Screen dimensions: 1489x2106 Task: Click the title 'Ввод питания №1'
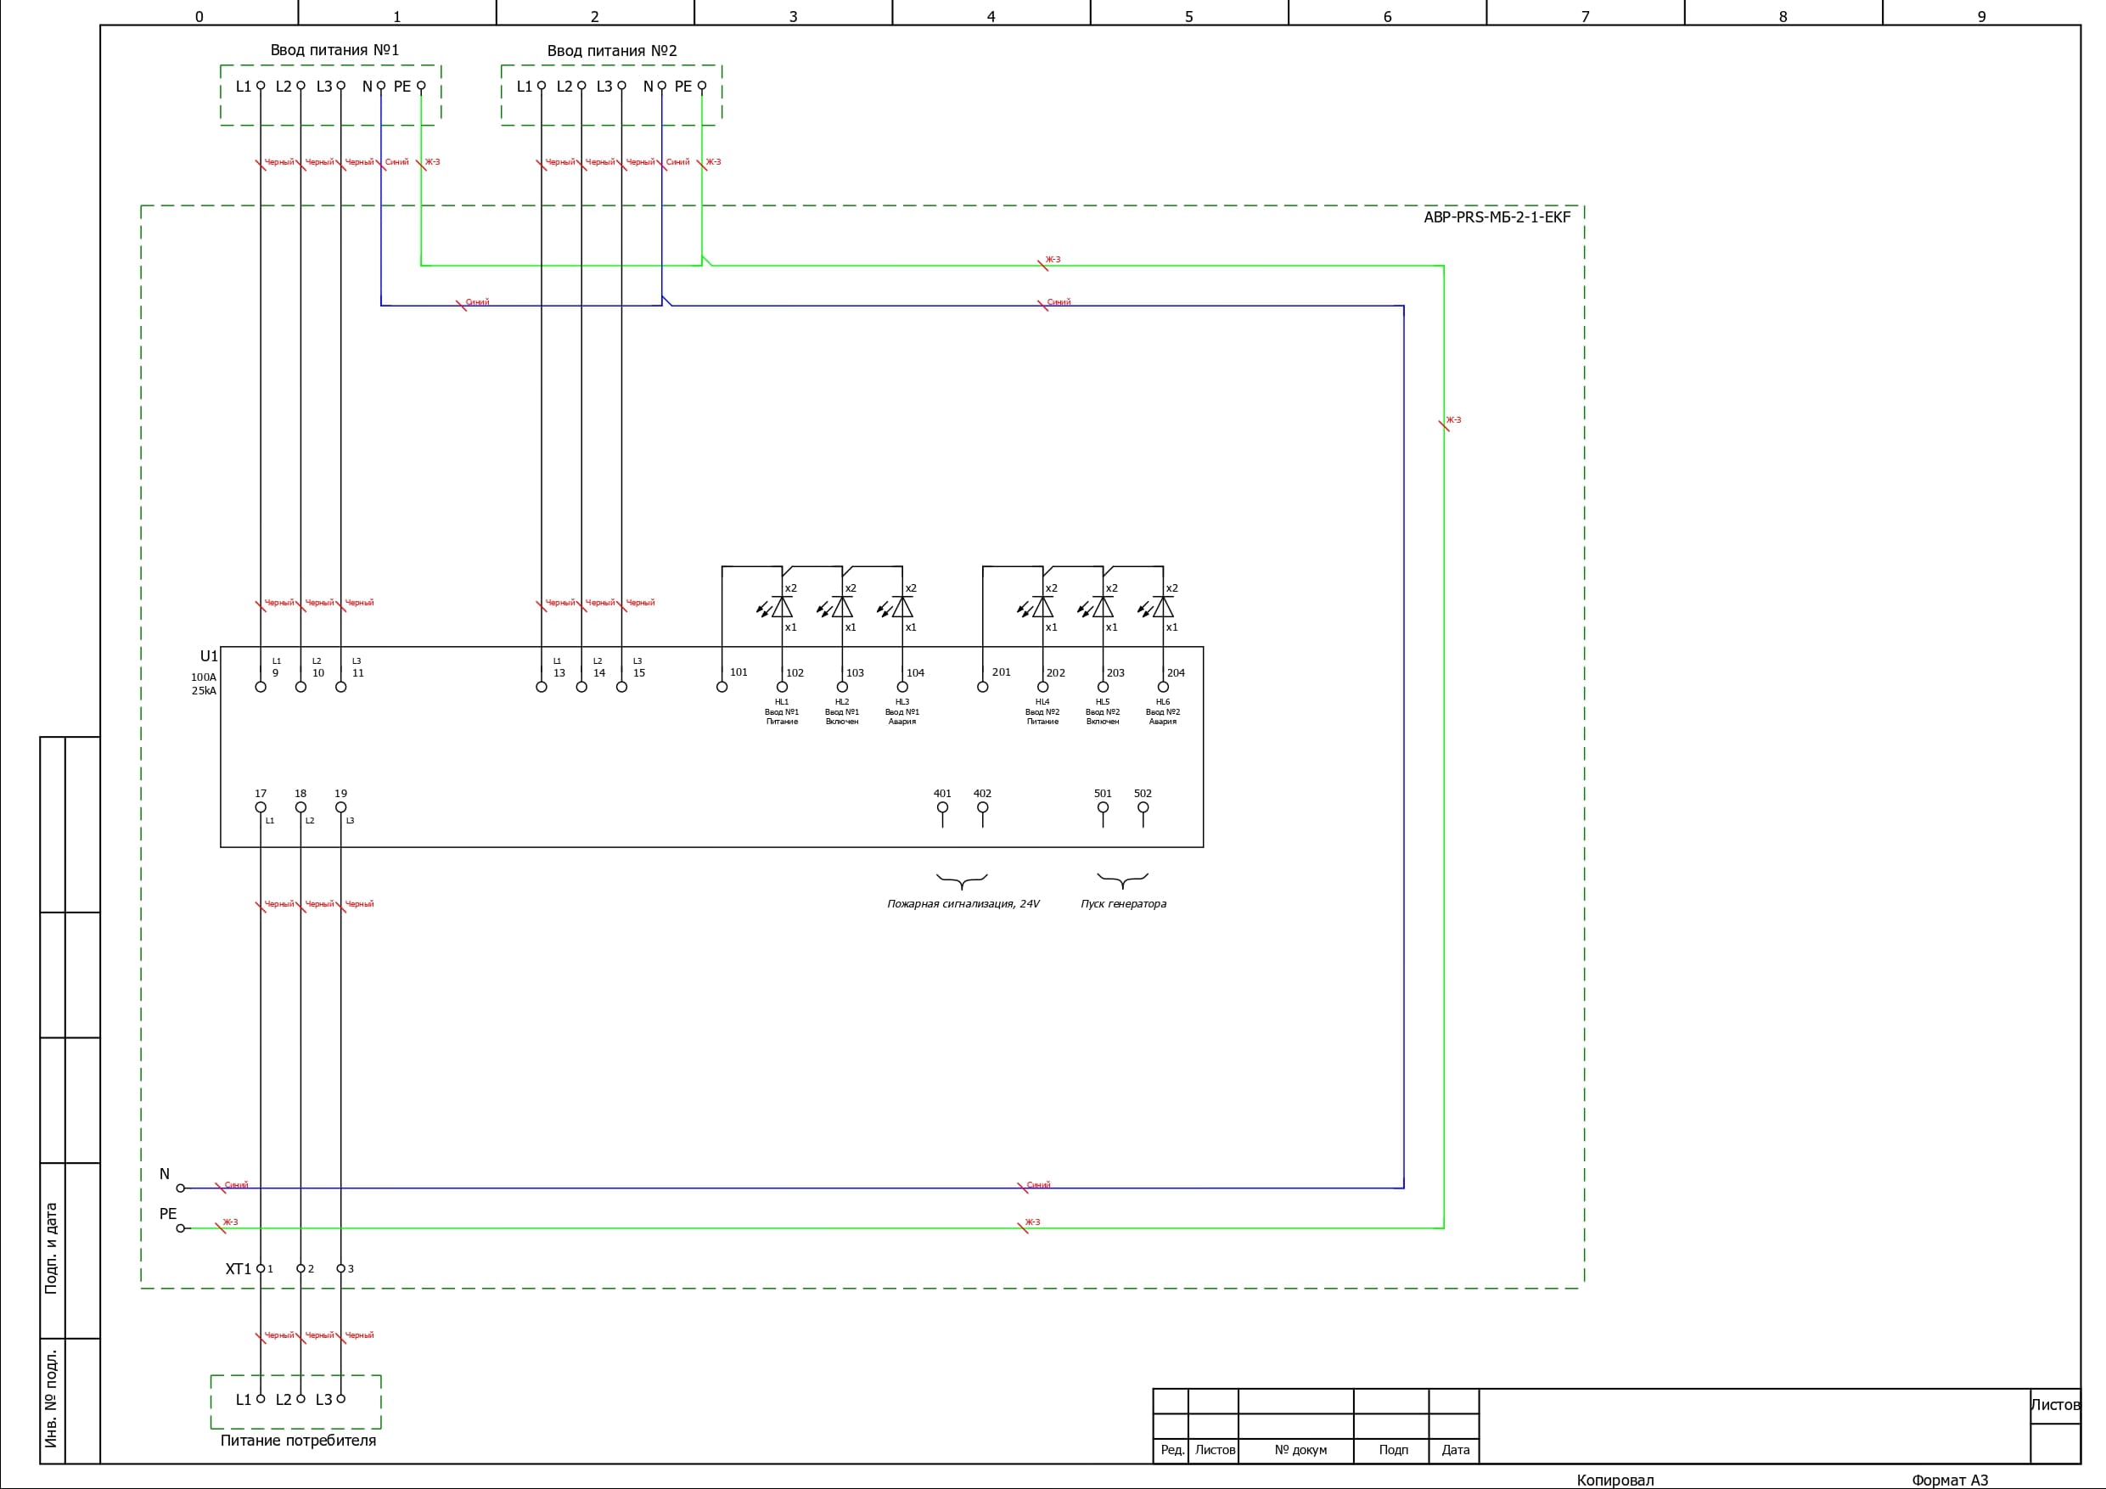334,50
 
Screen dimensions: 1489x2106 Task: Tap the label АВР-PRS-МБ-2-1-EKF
1496,217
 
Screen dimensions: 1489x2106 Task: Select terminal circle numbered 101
722,687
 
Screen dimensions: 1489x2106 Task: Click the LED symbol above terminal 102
781,607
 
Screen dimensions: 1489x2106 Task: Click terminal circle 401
942,808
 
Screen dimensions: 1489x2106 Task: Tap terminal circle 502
1143,808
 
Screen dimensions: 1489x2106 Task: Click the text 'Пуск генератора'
1123,904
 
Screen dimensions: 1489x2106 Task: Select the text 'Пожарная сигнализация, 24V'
963,904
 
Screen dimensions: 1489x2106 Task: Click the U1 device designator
209,656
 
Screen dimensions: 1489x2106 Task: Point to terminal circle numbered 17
261,808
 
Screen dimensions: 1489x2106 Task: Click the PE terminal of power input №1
421,87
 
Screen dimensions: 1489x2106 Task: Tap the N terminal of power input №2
661,87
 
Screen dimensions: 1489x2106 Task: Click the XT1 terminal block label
238,1269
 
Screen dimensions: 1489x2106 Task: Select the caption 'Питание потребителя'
298,1441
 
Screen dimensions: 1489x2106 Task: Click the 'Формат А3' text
1949,1480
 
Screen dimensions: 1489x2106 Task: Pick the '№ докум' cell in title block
1300,1451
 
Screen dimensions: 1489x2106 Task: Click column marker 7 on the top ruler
1585,16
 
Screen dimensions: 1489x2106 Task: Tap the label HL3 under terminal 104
901,702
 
